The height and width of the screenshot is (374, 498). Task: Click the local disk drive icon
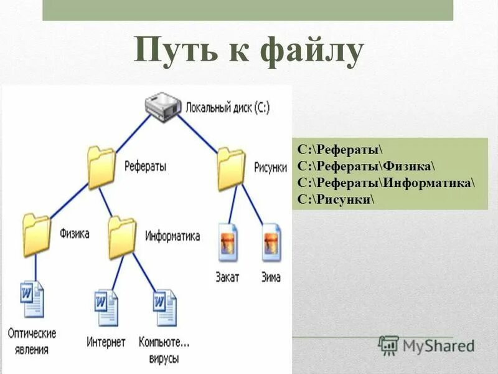164,107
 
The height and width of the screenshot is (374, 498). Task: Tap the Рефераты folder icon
101,167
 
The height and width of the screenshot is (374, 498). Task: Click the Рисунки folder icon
231,168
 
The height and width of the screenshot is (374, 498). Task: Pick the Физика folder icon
35,235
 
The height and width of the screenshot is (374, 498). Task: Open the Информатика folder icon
121,237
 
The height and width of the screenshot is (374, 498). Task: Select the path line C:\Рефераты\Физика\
366,167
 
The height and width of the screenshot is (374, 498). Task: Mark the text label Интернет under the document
106,342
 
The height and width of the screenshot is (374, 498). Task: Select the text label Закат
227,277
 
